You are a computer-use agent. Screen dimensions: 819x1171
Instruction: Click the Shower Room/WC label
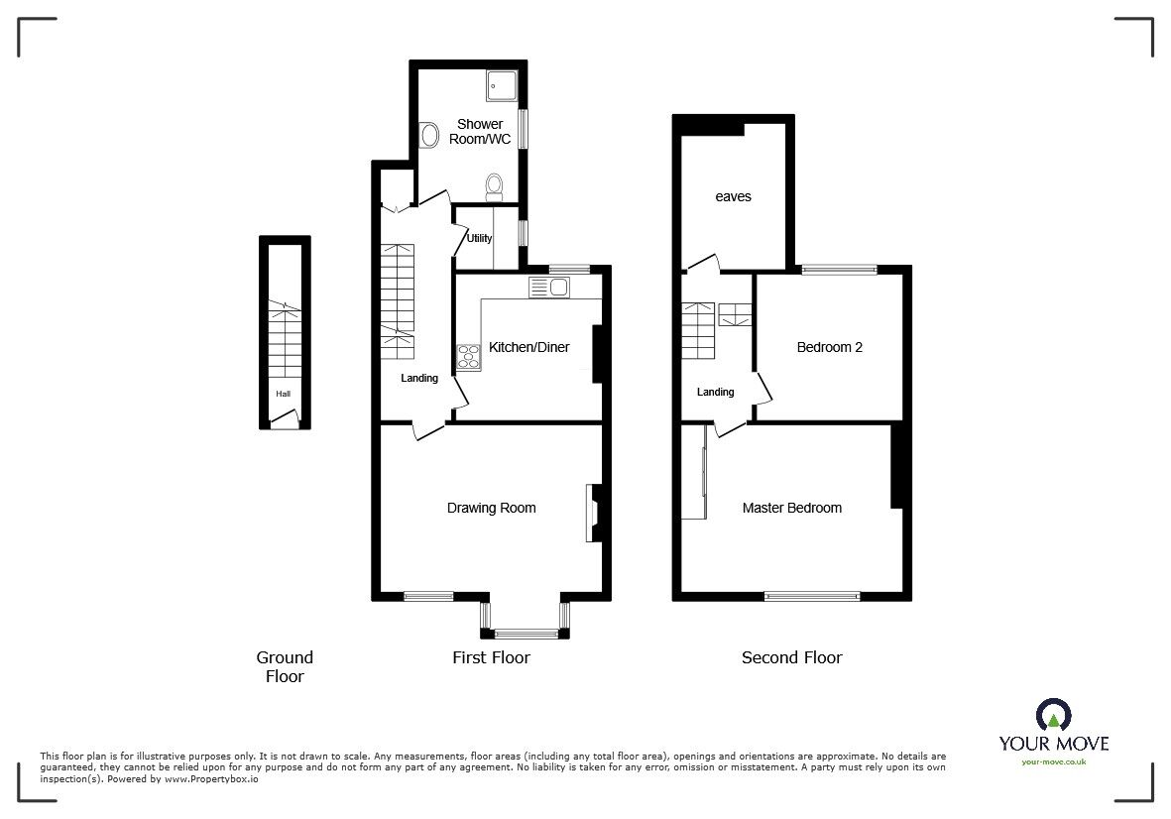[483, 132]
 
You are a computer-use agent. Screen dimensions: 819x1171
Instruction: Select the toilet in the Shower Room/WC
[495, 184]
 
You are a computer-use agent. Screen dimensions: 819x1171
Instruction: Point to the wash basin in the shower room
[430, 133]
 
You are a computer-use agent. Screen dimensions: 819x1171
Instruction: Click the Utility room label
[480, 238]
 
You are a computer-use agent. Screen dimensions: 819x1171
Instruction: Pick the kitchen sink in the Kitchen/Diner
[550, 288]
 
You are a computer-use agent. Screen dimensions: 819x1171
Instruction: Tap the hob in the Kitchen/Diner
[468, 358]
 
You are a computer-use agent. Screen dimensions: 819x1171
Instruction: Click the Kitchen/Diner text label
[528, 347]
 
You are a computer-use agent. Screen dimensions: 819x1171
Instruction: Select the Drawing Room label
[491, 508]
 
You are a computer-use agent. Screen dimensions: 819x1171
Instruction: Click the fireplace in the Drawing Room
[593, 513]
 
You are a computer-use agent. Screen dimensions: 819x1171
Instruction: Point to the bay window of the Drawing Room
[525, 631]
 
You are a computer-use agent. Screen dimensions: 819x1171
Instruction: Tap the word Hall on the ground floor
[284, 394]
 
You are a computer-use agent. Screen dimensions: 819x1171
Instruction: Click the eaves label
[733, 196]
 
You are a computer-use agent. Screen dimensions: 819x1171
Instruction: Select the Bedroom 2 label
[830, 347]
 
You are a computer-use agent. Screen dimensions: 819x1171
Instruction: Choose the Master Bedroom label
[791, 508]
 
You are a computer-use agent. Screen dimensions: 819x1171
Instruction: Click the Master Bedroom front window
[812, 596]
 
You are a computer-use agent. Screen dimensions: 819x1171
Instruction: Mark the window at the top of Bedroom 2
[839, 269]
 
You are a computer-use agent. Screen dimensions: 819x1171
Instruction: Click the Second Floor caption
[791, 657]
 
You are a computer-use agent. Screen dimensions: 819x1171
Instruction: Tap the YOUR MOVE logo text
[1053, 744]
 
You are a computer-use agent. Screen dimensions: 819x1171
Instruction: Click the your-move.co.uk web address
[1053, 761]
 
